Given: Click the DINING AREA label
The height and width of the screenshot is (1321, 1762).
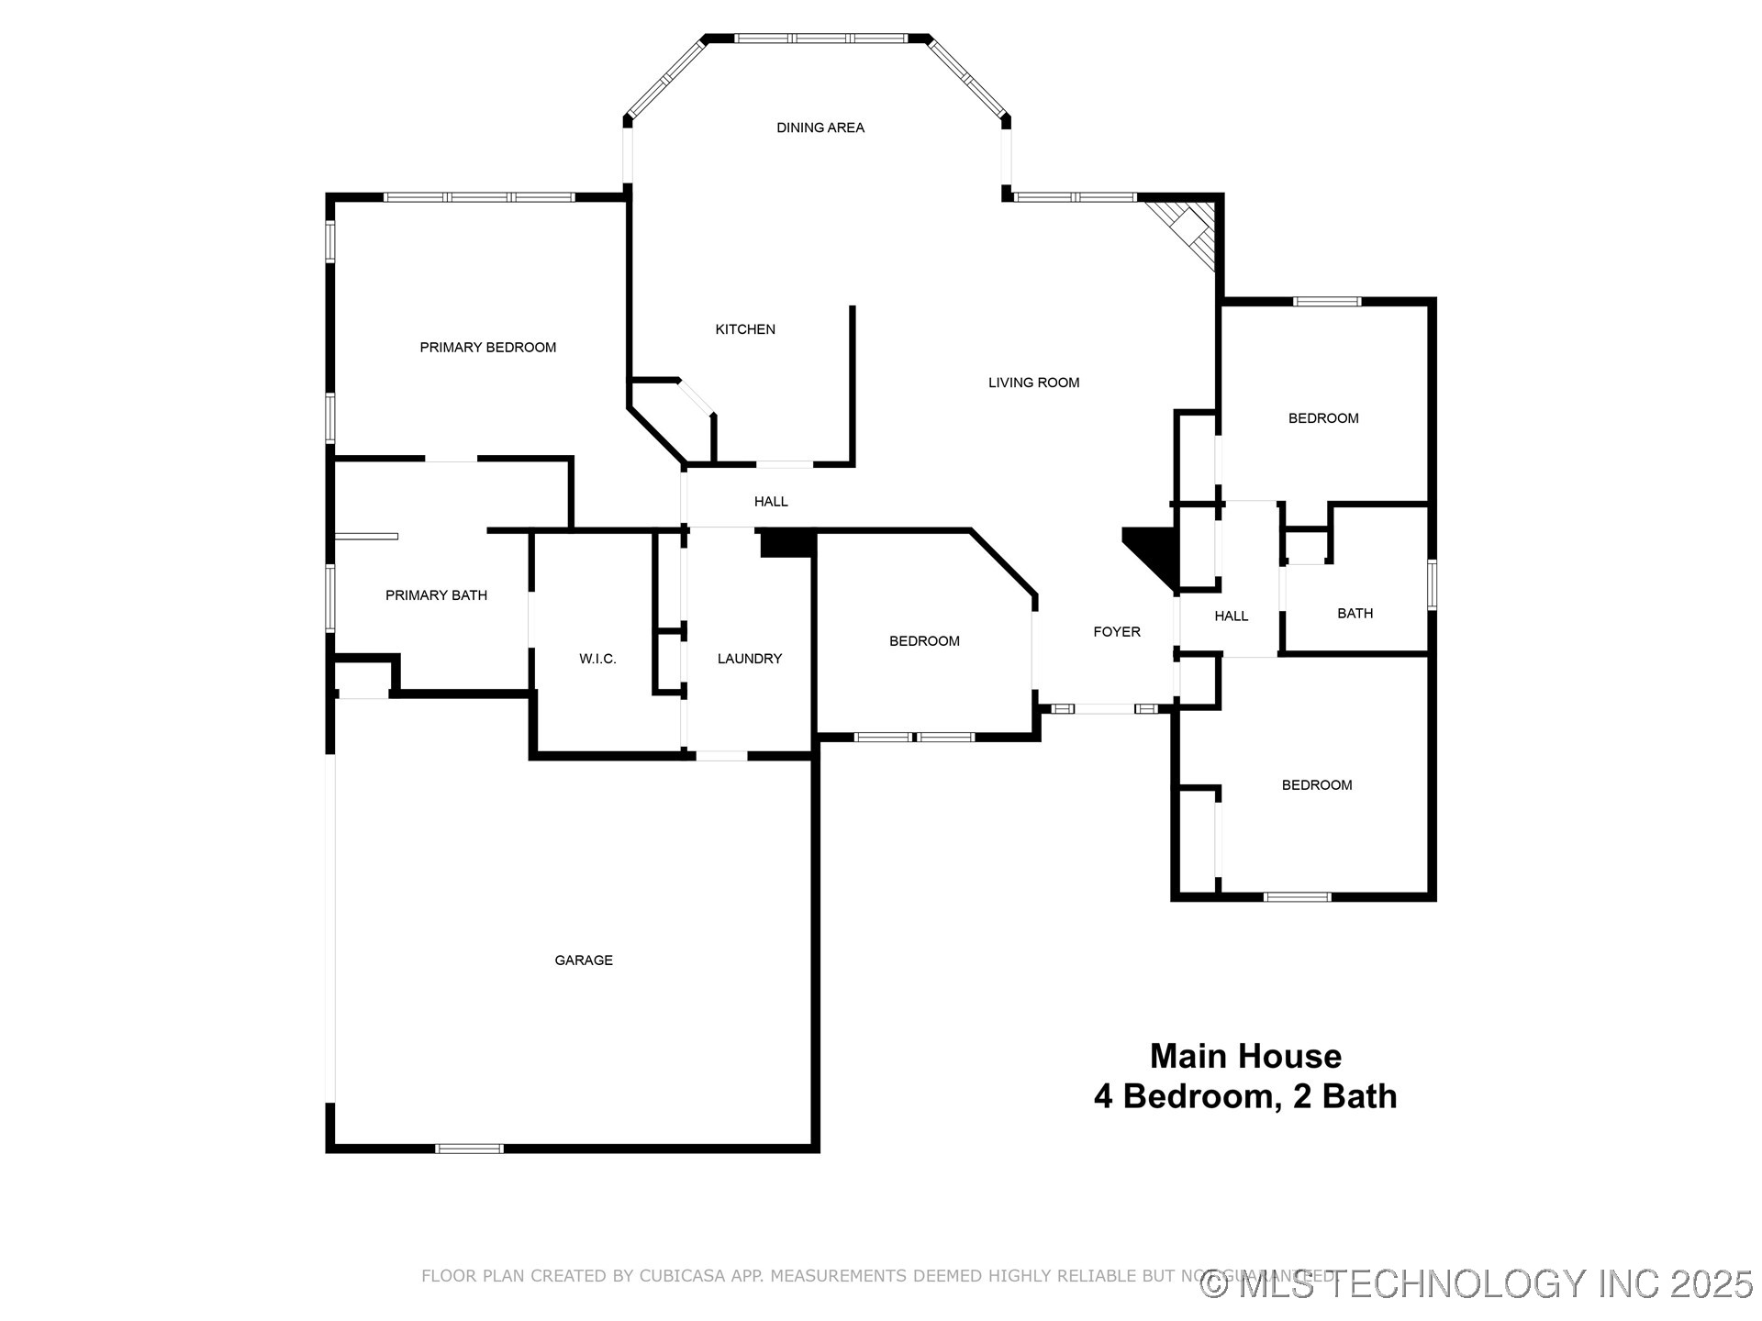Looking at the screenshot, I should (x=820, y=128).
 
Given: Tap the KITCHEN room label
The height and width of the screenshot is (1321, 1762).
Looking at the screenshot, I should (x=745, y=329).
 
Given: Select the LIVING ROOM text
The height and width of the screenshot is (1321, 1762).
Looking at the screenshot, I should (x=1033, y=383).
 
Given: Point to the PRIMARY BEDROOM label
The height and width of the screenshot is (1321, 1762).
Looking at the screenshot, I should (x=487, y=347).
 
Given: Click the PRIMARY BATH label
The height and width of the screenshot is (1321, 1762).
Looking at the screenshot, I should (x=436, y=595).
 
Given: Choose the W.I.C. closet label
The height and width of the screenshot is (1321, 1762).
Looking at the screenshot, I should (x=597, y=659).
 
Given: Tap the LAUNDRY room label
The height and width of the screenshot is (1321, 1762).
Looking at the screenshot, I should (x=749, y=659).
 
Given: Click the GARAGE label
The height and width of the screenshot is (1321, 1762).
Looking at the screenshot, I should (x=584, y=960).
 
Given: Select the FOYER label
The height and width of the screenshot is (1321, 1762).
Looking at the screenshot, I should (x=1117, y=632).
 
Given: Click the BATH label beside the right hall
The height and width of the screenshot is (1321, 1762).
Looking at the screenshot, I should (x=1355, y=614).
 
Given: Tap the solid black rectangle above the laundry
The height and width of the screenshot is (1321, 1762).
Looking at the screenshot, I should (x=787, y=543).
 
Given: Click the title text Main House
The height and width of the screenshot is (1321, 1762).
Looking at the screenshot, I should (x=1245, y=1057).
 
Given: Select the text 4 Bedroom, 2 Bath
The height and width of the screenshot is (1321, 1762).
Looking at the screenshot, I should (x=1245, y=1097).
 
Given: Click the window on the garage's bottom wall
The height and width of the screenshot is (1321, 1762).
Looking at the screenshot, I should (x=469, y=1149).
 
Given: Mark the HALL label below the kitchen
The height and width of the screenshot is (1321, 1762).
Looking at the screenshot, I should (x=771, y=502).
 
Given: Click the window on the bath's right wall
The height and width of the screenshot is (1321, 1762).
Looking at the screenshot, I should (x=1432, y=584).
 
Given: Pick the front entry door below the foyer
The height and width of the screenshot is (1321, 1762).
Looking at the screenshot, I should (x=1105, y=709).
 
